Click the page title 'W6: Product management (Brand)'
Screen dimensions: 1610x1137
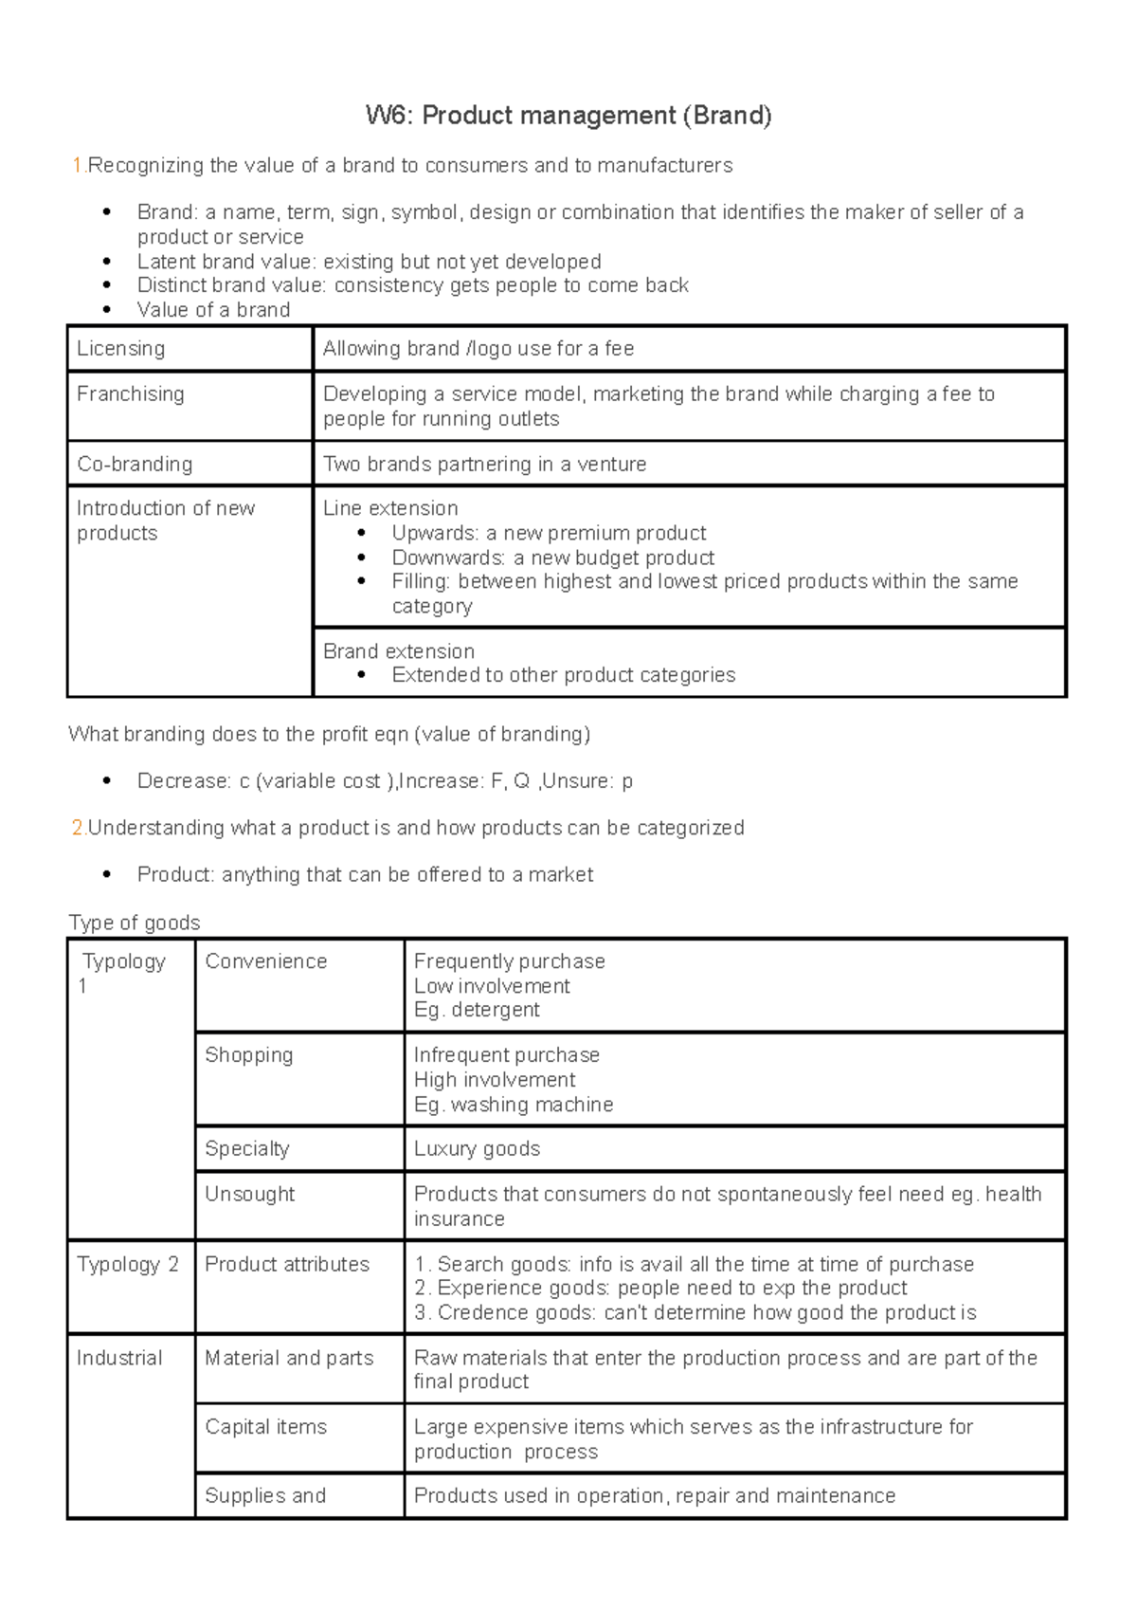tap(568, 116)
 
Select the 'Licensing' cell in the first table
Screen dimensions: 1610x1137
tap(120, 349)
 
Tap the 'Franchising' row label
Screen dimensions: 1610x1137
tap(130, 394)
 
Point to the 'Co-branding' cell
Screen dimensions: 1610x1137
tap(134, 465)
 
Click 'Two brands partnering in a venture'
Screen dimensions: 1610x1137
tap(484, 465)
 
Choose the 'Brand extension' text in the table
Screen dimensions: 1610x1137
tap(398, 651)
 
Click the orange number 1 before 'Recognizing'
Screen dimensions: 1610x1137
tap(77, 166)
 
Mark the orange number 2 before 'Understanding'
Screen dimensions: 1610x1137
tap(77, 828)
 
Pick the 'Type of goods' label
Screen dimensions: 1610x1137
tap(134, 923)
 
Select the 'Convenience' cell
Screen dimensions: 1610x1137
tap(265, 961)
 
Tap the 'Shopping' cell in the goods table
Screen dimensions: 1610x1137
tap(248, 1055)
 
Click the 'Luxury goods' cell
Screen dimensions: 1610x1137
tap(477, 1149)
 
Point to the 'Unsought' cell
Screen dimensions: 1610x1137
tap(249, 1195)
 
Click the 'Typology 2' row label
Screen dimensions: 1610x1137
tap(127, 1265)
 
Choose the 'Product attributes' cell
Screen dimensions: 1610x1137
tap(286, 1265)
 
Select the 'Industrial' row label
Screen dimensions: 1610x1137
tap(119, 1358)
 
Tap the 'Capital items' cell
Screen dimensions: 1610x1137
tap(265, 1427)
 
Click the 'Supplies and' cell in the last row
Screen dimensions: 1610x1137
tap(264, 1496)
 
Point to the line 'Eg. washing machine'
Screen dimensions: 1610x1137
tap(513, 1105)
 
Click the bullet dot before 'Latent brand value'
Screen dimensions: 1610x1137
tap(107, 262)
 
